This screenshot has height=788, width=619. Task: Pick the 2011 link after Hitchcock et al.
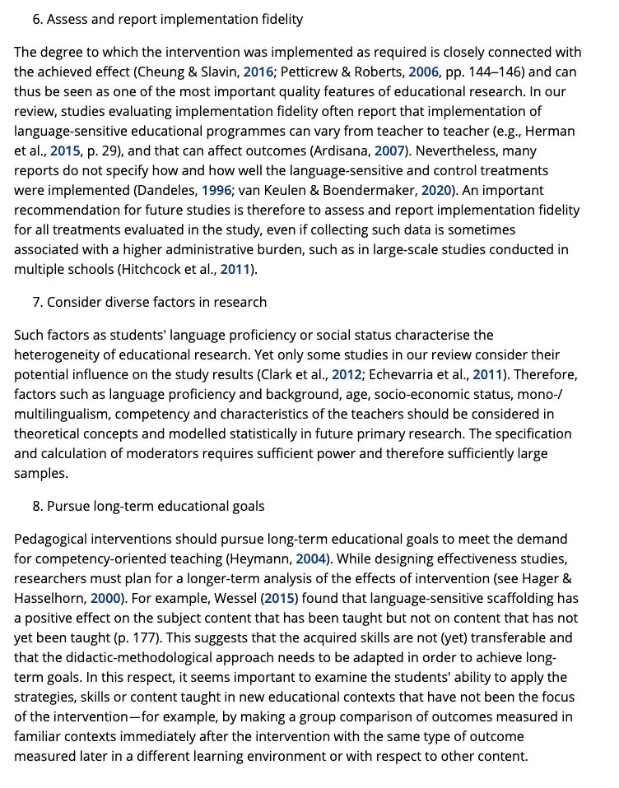236,269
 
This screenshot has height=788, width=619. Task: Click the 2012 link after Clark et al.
347,374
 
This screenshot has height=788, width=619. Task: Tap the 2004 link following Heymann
313,559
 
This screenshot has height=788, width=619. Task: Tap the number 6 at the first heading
37,19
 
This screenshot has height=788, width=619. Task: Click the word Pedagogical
52,539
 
